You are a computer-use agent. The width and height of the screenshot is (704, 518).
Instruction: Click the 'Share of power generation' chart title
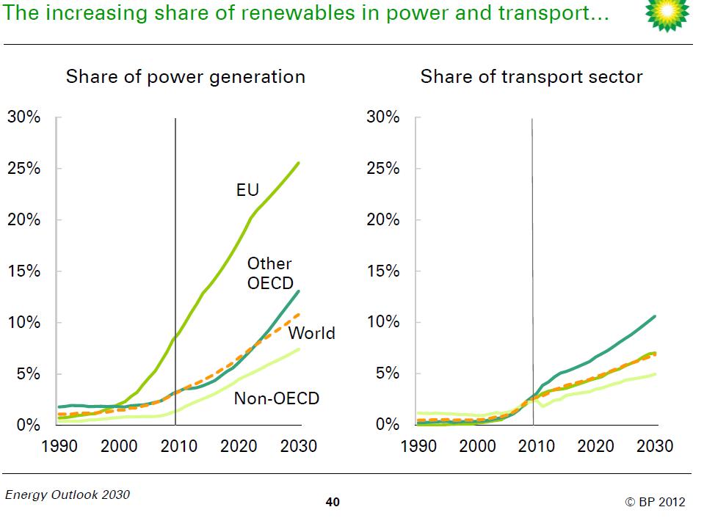pos(186,77)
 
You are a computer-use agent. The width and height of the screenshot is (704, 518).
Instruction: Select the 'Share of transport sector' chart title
pos(531,77)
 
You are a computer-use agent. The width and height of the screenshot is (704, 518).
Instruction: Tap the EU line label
pos(247,191)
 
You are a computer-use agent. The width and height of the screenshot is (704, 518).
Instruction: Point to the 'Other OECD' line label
pos(269,273)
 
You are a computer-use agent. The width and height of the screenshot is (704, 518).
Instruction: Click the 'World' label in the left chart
pos(311,333)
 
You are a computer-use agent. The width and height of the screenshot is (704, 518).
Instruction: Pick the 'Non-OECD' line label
pos(277,398)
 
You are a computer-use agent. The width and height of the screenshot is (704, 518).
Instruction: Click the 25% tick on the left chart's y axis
pos(24,168)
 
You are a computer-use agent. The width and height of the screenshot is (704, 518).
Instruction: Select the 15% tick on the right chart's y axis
pos(383,271)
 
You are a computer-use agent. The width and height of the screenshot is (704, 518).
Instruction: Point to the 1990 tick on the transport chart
pos(418,446)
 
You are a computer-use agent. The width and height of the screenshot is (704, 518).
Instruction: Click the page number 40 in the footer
pos(333,503)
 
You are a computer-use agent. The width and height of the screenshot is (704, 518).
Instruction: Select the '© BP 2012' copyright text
pos(655,502)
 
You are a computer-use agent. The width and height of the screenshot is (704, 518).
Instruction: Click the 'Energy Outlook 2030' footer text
pos(68,495)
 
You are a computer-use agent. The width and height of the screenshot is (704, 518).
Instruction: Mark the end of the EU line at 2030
pos(298,163)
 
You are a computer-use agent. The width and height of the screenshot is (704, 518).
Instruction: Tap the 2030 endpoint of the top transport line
pos(654,316)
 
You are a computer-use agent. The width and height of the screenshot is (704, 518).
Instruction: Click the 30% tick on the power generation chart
pos(24,117)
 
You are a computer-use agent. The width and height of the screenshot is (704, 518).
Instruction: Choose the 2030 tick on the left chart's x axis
pos(299,446)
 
